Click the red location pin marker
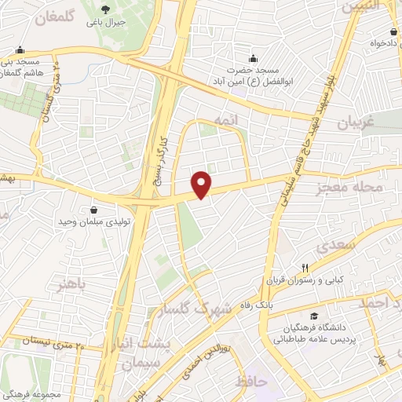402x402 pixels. point(203,183)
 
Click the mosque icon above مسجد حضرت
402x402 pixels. point(253,57)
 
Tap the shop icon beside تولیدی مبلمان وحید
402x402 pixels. point(95,210)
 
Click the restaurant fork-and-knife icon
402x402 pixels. point(305,268)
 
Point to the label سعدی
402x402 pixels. point(338,247)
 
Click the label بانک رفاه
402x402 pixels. point(284,304)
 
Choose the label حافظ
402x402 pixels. point(251,382)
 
